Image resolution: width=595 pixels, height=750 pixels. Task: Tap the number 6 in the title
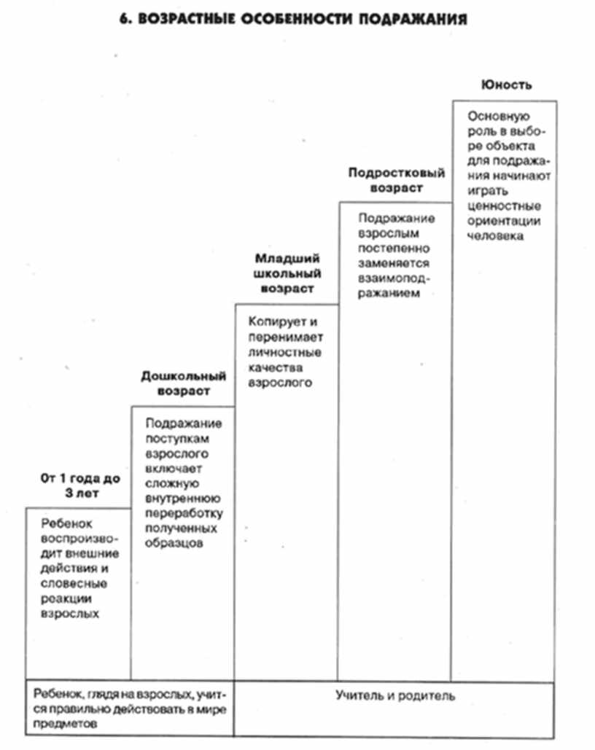click(122, 20)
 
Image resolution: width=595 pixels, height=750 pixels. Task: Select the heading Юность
click(505, 85)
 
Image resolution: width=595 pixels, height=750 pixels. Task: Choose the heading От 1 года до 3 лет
click(80, 485)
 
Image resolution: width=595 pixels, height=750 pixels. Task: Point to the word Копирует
click(273, 322)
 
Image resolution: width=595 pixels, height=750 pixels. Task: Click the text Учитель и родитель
click(395, 695)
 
